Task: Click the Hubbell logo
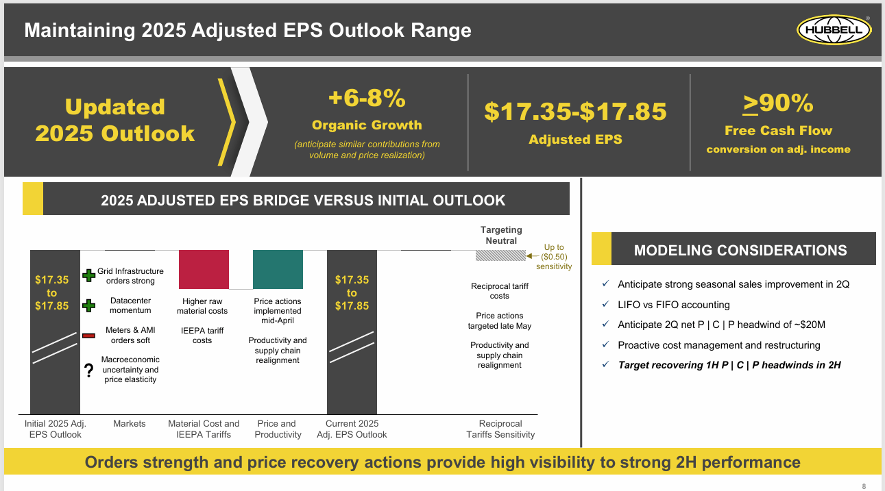pos(834,31)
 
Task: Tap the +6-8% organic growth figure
pos(367,99)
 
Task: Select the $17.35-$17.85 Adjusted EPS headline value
pos(575,111)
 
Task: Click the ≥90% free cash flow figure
pos(778,103)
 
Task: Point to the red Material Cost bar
pos(204,269)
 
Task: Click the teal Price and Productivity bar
pos(278,269)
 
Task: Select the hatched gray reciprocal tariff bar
pos(500,255)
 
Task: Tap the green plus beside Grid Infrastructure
pos(88,275)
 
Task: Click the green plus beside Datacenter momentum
pos(88,305)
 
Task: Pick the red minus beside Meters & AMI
pos(88,335)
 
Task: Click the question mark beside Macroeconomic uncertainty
pos(88,371)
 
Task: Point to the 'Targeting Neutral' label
pos(500,235)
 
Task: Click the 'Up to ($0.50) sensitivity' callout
pos(554,257)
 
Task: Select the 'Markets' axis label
pos(130,424)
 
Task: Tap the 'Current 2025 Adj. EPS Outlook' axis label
pos(352,429)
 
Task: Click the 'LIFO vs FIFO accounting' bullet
pos(673,305)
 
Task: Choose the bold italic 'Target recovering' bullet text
pos(729,365)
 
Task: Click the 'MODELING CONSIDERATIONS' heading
pos(740,251)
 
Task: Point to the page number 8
pos(864,486)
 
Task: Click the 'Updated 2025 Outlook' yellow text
pos(115,120)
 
